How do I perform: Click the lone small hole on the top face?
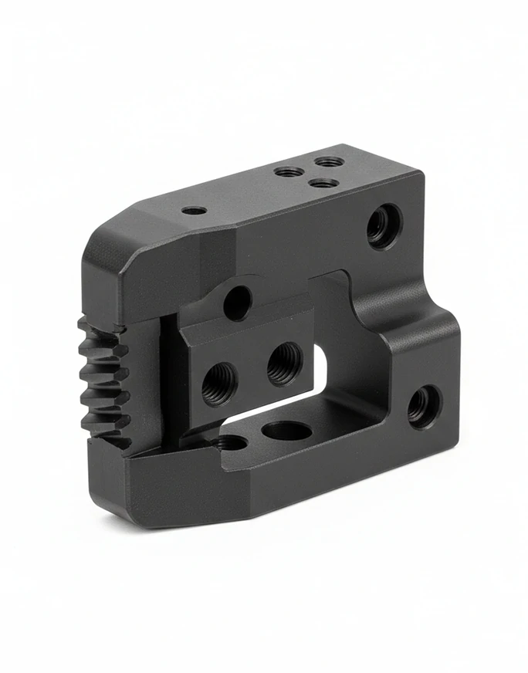(194, 210)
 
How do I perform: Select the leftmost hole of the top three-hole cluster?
(289, 171)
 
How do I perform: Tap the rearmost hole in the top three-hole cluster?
(330, 162)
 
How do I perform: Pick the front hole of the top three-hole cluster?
(323, 183)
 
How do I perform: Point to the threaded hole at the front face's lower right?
(422, 406)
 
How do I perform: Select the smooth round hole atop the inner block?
(237, 303)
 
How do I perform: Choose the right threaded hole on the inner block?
(284, 363)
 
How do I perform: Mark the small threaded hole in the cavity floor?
(230, 443)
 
